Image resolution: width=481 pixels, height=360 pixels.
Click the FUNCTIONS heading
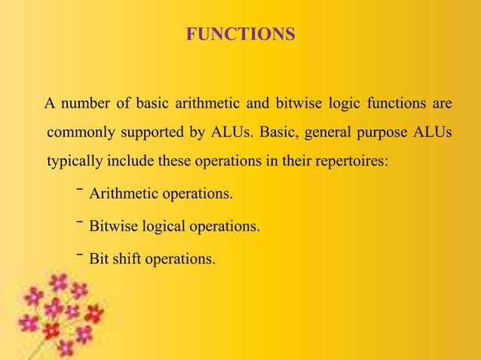(x=240, y=35)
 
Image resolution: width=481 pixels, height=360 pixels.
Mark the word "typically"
(x=73, y=163)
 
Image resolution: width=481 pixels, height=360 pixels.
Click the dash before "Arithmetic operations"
(x=78, y=190)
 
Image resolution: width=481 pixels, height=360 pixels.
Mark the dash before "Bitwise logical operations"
(x=78, y=221)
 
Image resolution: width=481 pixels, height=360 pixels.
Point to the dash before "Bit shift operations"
(x=78, y=254)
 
